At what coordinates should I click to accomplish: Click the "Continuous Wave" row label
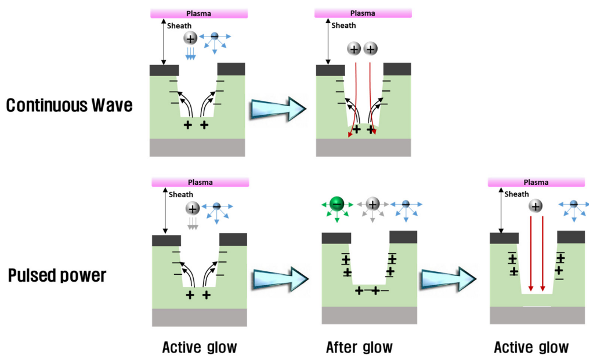coord(69,106)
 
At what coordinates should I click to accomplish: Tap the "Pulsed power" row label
coord(57,275)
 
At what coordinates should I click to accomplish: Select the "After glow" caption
coord(359,347)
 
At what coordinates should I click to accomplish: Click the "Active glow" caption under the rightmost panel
coord(531,347)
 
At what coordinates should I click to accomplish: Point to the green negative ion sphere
coord(337,203)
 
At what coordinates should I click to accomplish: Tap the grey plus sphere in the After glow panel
coord(372,203)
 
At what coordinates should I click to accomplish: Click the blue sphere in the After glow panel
coord(406,203)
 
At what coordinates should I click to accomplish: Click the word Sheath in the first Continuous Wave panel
coord(179,26)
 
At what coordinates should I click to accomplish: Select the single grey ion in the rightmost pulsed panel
coord(535,206)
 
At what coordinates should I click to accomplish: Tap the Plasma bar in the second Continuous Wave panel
coord(363,13)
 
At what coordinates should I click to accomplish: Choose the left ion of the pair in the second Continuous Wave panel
coord(353,49)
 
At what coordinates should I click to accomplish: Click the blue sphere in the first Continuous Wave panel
coord(215,37)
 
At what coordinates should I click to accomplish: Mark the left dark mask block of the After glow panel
coord(336,237)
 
